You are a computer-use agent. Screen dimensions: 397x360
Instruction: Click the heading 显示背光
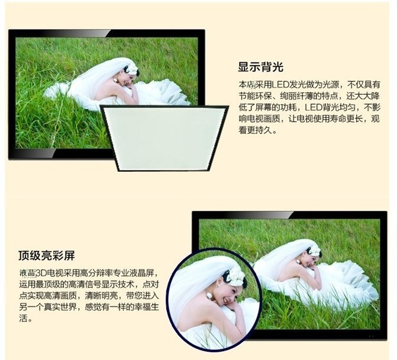point(260,67)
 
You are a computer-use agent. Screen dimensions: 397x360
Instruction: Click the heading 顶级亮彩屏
point(47,255)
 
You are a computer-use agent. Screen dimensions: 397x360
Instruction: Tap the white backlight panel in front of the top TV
point(164,138)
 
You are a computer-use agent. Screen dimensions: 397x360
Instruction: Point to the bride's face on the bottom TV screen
point(308,261)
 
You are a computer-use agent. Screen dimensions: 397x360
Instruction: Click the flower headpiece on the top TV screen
point(132,69)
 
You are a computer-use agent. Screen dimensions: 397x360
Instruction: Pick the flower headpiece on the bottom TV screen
point(315,251)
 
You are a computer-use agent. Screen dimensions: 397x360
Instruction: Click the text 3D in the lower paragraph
point(40,274)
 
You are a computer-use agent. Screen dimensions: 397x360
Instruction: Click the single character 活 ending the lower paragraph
point(23,318)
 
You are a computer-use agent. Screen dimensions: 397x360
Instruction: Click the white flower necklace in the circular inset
point(210,295)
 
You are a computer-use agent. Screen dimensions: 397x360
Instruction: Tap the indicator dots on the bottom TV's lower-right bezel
point(371,336)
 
